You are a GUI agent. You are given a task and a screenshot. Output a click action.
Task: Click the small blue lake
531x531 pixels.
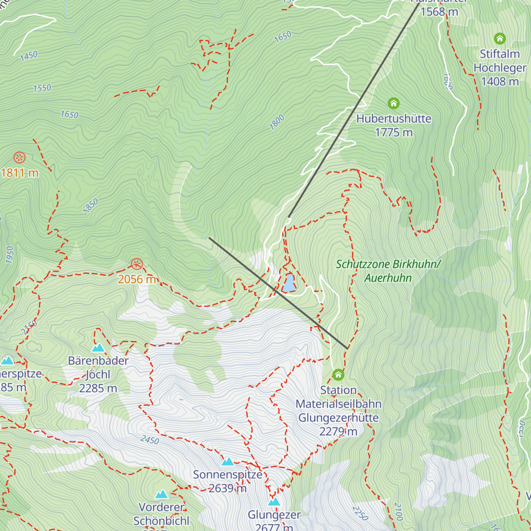[x=289, y=284]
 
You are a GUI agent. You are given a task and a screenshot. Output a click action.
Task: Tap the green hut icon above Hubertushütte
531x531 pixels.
[x=393, y=104]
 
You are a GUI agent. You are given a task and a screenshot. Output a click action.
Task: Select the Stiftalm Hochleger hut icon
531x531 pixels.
[x=500, y=38]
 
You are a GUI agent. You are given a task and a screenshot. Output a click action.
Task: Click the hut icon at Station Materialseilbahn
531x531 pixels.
[x=338, y=375]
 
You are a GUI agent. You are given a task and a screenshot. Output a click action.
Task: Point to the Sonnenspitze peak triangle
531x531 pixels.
[x=227, y=462]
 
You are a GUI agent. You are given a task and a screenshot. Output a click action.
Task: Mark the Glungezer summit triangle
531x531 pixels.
[x=274, y=502]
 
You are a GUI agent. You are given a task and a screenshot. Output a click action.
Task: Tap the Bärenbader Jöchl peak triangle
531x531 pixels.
[x=98, y=348]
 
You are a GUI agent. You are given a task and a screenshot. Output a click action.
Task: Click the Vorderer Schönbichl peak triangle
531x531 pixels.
[x=162, y=494]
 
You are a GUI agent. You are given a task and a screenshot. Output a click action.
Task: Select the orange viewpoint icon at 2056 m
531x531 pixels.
[x=137, y=265]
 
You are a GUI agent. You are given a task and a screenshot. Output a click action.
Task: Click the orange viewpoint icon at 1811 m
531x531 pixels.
[x=19, y=158]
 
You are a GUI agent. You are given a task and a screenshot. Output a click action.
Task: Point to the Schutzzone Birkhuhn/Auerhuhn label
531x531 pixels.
[x=388, y=271]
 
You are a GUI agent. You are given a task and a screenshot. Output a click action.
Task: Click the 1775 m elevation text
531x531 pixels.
[x=393, y=132]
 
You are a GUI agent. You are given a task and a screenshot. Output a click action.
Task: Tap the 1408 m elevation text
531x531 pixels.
[x=500, y=81]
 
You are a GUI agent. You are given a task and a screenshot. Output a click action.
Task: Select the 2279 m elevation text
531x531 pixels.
[x=338, y=431]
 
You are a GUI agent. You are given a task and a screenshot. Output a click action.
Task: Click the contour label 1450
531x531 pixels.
[x=29, y=56]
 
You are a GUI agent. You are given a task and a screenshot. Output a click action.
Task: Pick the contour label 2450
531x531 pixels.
[x=150, y=440]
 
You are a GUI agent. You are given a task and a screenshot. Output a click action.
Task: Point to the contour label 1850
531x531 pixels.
[x=91, y=206]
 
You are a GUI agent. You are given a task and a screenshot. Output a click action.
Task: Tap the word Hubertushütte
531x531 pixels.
[x=393, y=119]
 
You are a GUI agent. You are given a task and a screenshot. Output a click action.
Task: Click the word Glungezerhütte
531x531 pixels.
[x=338, y=418]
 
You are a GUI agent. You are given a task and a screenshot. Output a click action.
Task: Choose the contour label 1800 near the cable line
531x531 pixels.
[x=277, y=123]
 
